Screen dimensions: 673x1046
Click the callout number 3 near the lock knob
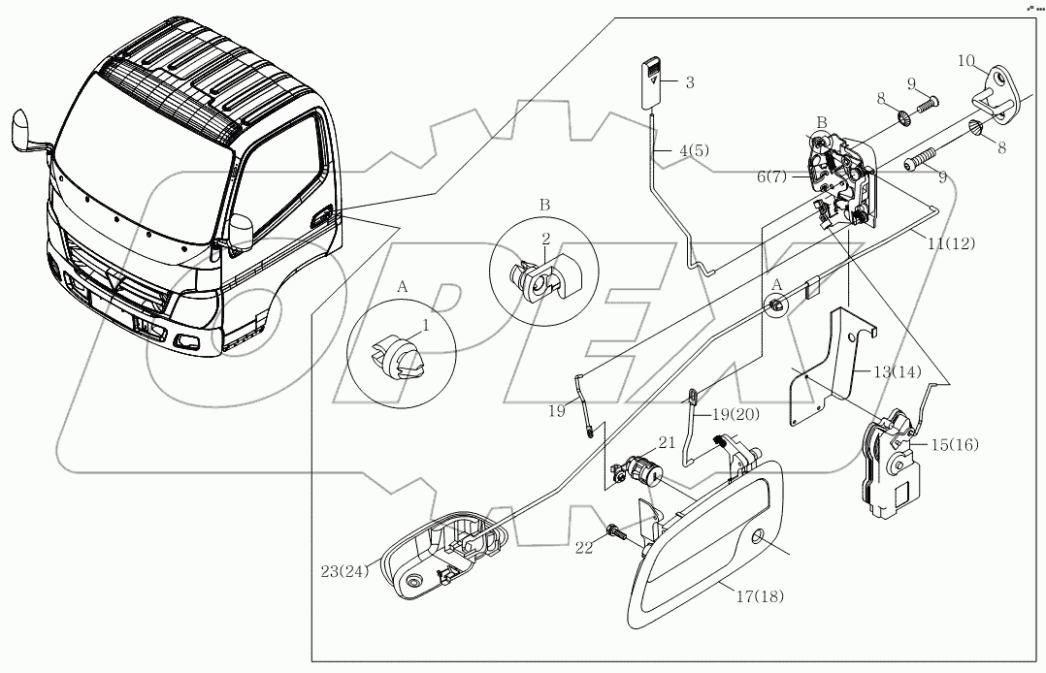pos(690,83)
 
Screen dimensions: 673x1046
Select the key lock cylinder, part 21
pos(641,472)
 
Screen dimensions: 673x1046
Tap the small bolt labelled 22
pos(616,531)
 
